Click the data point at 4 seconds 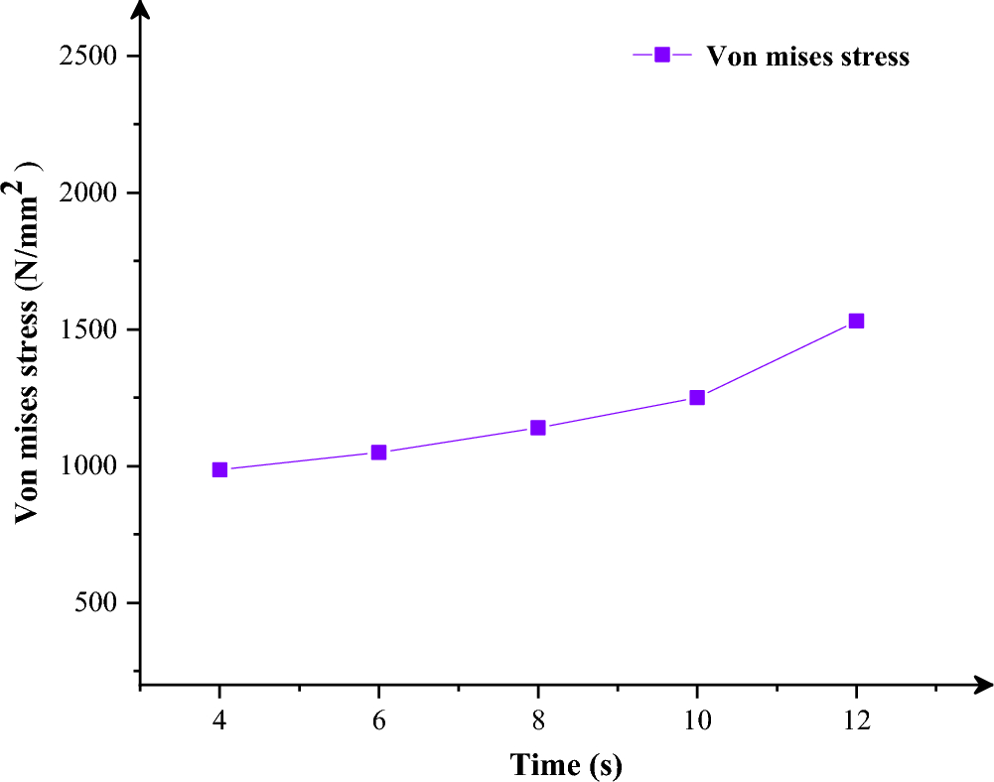(219, 469)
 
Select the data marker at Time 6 (378, 452)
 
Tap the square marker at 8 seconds (537, 428)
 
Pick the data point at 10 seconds (697, 397)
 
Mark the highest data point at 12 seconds (856, 321)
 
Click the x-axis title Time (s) (566, 765)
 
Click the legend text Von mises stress (807, 56)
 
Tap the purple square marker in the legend (662, 55)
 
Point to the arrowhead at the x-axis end (983, 685)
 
